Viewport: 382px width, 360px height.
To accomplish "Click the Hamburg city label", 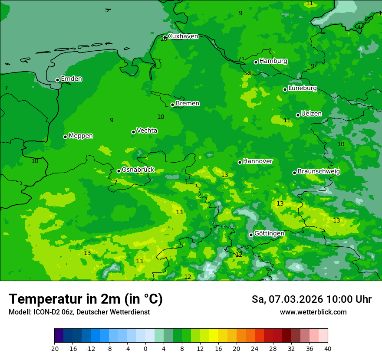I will point(273,61).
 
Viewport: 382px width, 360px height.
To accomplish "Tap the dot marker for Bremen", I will point(172,105).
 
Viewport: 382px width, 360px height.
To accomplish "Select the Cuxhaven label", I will point(183,36).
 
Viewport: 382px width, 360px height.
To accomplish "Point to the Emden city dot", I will point(57,80).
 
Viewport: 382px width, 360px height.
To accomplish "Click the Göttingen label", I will point(269,233).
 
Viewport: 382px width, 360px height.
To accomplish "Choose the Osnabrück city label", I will point(138,170).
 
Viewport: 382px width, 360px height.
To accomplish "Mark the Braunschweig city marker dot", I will point(294,173).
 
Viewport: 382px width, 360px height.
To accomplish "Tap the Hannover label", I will point(257,161).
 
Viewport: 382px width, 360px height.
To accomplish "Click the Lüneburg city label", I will point(302,88).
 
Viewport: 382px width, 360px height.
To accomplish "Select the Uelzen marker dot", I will point(298,115).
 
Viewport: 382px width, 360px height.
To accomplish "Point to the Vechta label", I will point(147,131).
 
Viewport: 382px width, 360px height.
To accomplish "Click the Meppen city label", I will point(81,136).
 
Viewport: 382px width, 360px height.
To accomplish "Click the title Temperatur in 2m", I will point(86,299).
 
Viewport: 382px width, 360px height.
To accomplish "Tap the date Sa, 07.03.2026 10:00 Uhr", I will point(311,299).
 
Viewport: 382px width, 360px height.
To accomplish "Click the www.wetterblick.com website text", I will point(313,312).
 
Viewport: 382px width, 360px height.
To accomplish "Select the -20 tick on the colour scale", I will point(54,348).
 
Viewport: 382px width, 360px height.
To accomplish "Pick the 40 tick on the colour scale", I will point(327,348).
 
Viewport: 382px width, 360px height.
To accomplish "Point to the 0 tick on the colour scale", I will point(145,348).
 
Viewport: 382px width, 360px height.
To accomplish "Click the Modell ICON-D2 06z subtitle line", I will point(79,312).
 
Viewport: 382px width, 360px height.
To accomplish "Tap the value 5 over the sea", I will point(107,10).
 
